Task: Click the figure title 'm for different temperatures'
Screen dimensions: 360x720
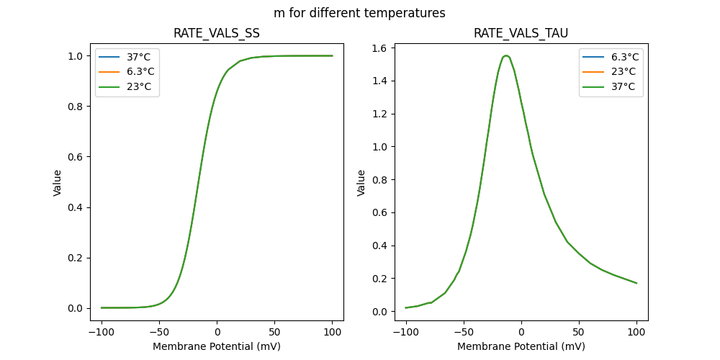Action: [x=359, y=13]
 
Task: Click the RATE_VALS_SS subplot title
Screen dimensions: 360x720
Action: [x=217, y=33]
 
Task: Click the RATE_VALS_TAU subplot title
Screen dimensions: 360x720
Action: [x=521, y=33]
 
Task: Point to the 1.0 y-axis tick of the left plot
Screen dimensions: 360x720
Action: [x=76, y=56]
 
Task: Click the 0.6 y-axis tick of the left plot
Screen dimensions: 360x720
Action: [x=76, y=157]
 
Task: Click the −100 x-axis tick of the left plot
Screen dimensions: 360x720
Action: [x=101, y=333]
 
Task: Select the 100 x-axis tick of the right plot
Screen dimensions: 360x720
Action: [x=636, y=333]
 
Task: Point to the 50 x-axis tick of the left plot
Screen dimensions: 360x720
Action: [x=274, y=333]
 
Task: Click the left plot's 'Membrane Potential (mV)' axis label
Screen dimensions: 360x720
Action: [x=217, y=346]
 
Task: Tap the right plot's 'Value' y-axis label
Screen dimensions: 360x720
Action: [x=361, y=183]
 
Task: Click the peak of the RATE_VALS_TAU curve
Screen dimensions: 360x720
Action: [x=506, y=55]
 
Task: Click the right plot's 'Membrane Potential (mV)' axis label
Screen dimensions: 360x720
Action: [x=521, y=346]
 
